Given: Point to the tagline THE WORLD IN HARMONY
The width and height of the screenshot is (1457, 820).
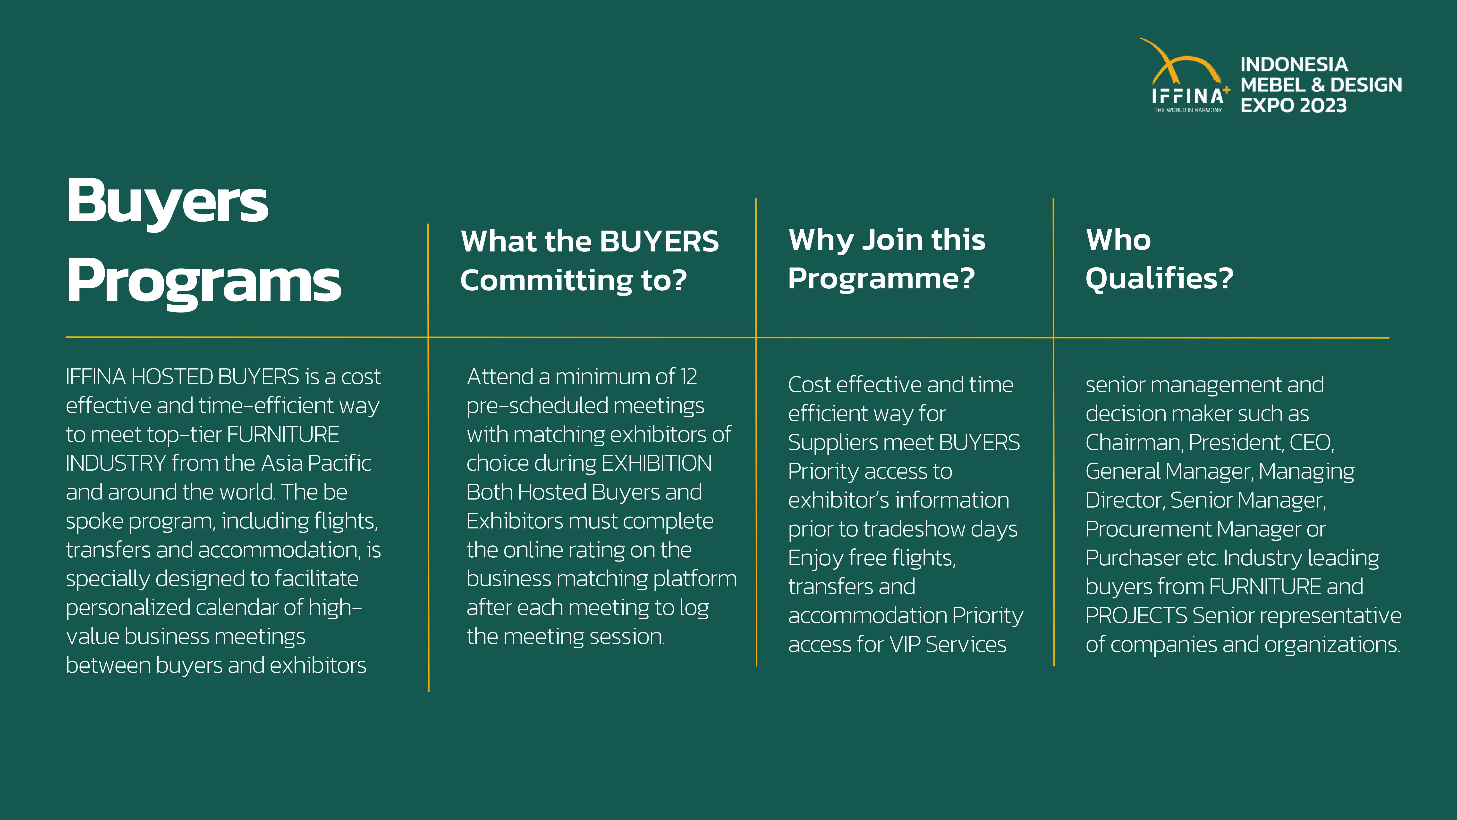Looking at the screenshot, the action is coord(1188,110).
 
